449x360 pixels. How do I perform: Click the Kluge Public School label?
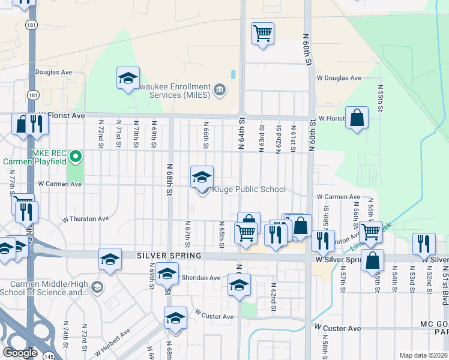[x=249, y=190]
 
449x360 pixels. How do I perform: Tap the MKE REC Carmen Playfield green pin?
[x=75, y=158]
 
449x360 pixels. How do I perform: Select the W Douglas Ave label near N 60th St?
[x=339, y=78]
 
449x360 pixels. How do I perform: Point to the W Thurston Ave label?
[x=85, y=219]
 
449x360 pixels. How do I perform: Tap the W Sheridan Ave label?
[x=199, y=278]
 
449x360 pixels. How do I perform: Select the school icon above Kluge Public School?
[x=202, y=176]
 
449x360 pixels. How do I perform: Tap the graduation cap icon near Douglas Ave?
[x=128, y=77]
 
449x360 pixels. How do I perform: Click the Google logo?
[x=20, y=353]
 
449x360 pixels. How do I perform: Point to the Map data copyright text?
[x=423, y=355]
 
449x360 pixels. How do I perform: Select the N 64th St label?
[x=242, y=134]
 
